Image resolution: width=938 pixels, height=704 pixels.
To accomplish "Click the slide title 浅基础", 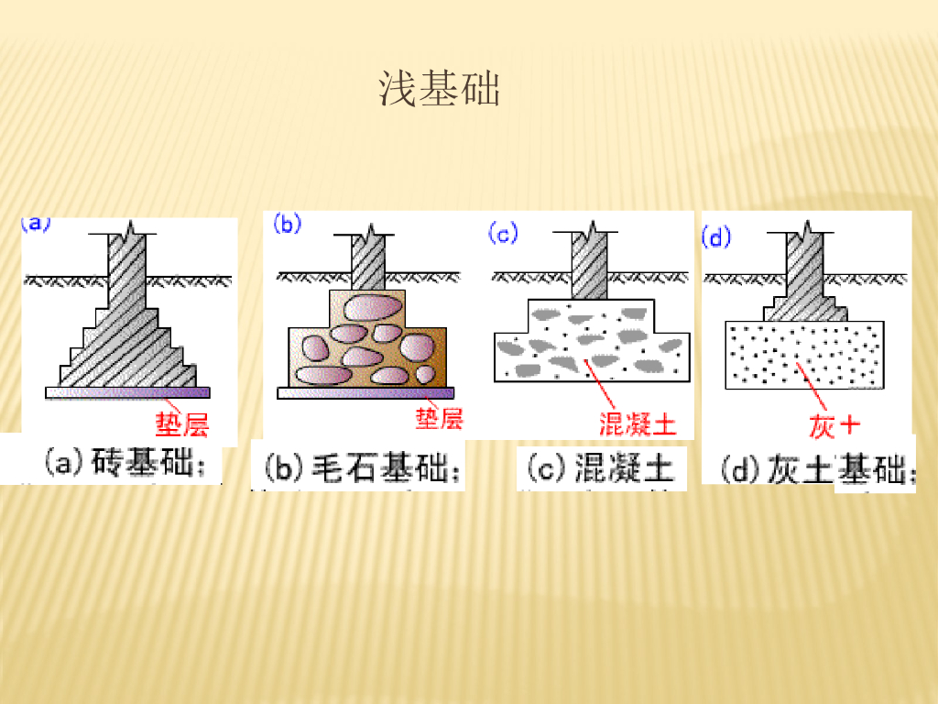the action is click(440, 89).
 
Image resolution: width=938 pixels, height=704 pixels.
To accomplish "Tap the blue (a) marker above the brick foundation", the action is click(36, 223).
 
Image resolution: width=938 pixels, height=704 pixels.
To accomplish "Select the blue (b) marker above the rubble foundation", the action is click(287, 225).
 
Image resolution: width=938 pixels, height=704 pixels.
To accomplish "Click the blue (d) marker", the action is click(715, 237).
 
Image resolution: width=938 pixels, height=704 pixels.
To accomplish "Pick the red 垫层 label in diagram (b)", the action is click(439, 419).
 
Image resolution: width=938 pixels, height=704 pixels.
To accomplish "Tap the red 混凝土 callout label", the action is click(638, 423).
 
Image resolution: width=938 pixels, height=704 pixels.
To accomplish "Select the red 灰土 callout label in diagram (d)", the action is click(835, 426).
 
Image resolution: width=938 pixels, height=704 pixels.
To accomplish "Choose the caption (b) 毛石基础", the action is click(363, 470).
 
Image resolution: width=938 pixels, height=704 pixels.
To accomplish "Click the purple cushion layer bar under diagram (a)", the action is click(128, 392).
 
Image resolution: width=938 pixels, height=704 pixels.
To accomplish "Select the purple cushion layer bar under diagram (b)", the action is click(365, 392).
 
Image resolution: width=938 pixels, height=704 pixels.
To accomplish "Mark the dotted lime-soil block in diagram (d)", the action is click(805, 354).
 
